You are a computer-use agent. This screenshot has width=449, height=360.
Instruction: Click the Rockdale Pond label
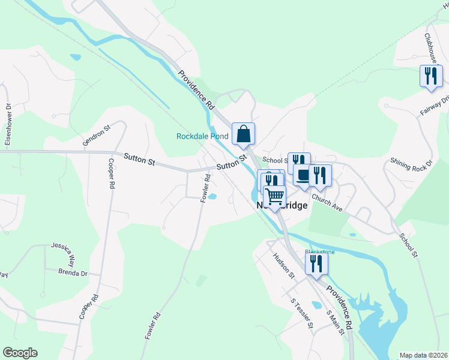[x=202, y=136]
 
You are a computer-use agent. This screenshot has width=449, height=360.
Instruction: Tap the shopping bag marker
[x=243, y=133]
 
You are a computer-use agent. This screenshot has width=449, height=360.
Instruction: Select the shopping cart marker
[x=275, y=197]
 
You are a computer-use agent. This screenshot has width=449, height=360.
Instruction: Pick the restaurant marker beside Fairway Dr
[x=430, y=76]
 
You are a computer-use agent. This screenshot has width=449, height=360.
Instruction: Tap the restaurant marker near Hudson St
[x=316, y=264]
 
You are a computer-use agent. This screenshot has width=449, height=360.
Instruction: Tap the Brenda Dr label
[x=73, y=272]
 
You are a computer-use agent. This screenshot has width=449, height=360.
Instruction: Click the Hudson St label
[x=284, y=266]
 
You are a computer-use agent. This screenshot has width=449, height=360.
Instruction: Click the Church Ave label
[x=327, y=204]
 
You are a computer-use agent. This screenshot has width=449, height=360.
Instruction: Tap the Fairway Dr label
[x=436, y=104]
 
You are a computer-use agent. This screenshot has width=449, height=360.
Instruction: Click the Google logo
[x=20, y=353]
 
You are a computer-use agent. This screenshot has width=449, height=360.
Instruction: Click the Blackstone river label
[x=319, y=252]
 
